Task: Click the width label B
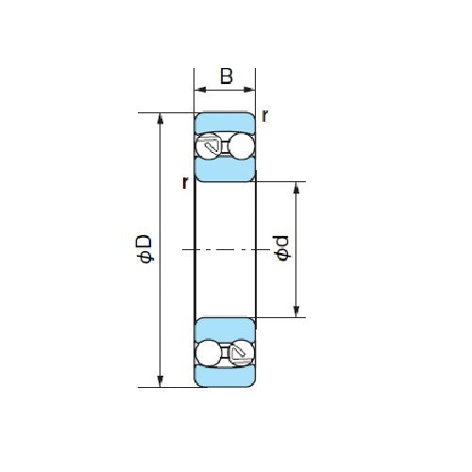(226, 76)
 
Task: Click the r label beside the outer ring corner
(265, 116)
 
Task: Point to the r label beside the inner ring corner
(185, 182)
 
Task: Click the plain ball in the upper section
(242, 146)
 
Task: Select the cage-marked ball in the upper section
(210, 146)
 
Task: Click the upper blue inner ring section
(225, 171)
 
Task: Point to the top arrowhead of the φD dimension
(160, 119)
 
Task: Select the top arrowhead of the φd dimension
(296, 186)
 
